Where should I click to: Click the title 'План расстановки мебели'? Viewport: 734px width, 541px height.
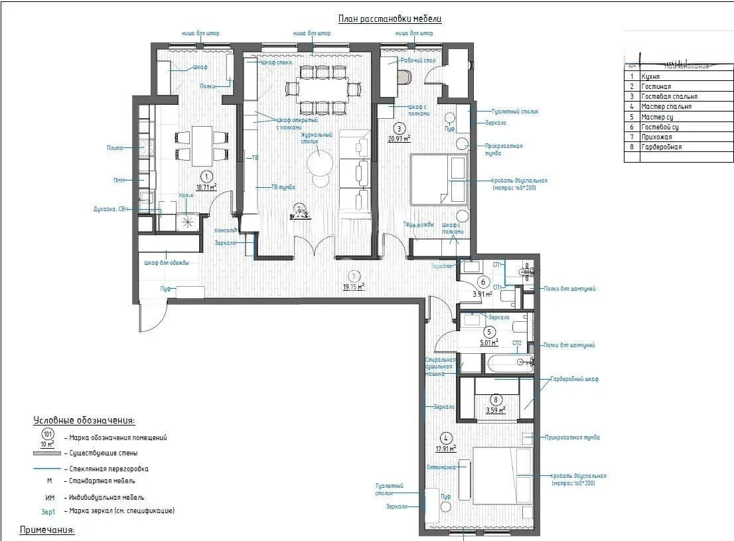(390, 19)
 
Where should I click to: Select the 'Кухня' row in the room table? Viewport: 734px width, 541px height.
(650, 76)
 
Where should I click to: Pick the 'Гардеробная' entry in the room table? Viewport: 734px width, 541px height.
(661, 147)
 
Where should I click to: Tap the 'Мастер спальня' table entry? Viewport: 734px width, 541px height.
(666, 106)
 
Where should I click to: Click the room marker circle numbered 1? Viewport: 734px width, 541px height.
(207, 177)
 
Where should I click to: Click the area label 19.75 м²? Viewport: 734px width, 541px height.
(354, 286)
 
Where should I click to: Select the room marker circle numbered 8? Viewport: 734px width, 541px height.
(495, 400)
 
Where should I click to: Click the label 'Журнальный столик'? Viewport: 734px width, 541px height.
(316, 138)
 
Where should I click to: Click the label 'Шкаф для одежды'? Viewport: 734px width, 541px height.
(167, 263)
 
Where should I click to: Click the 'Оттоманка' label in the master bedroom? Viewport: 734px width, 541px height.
(441, 467)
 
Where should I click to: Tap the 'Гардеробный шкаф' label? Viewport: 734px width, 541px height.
(574, 379)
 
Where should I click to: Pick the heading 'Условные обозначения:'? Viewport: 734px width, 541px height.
(84, 421)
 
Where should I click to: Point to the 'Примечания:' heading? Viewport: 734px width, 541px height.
(47, 530)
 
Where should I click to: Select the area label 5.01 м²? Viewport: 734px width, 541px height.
(488, 343)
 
